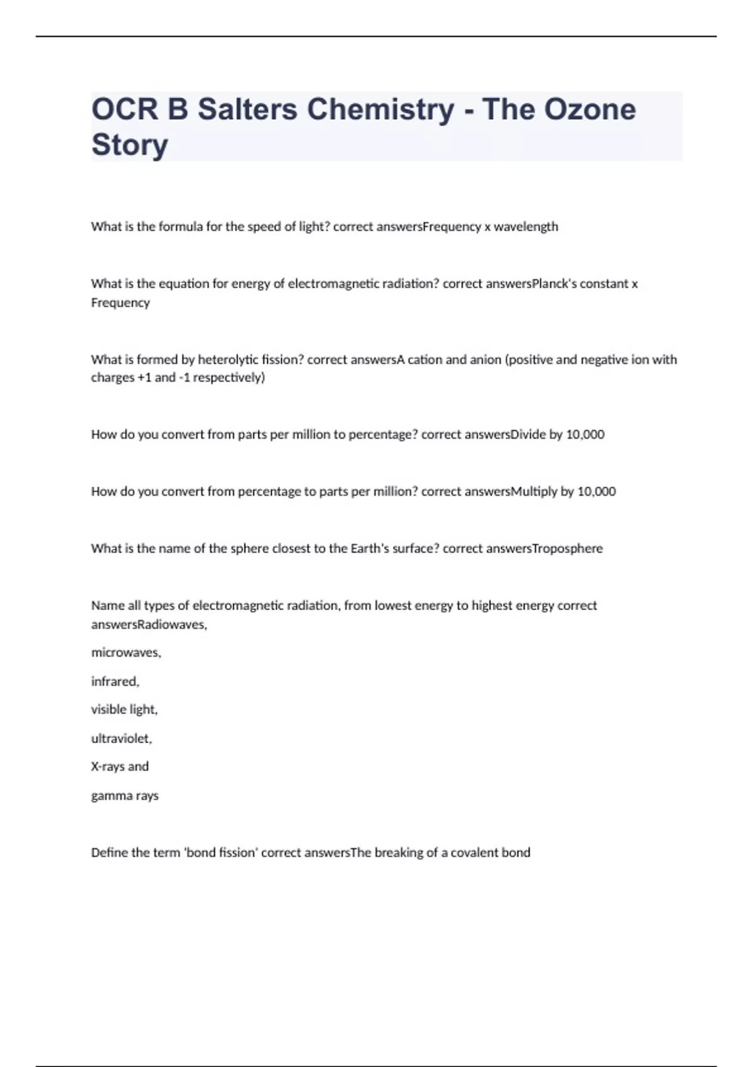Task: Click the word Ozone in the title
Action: click(x=589, y=109)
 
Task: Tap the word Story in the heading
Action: click(x=130, y=144)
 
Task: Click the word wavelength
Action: click(x=526, y=227)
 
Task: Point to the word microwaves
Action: click(x=125, y=653)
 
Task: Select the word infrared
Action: click(x=115, y=681)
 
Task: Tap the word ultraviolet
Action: click(x=121, y=739)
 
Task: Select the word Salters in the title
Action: click(x=248, y=109)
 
